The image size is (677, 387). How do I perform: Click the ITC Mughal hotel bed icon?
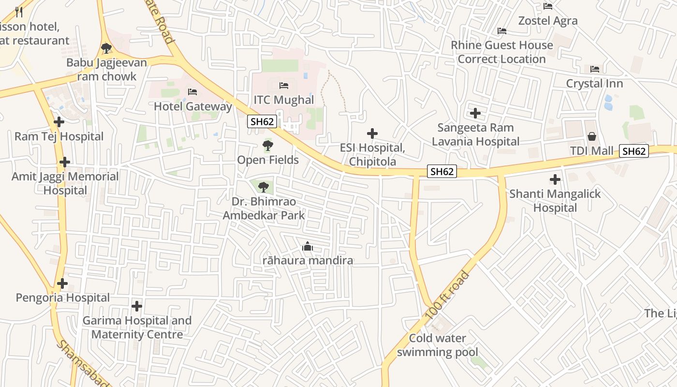point(284,86)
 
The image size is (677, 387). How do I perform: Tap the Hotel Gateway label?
point(193,106)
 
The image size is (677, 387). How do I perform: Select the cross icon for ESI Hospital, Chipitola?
point(372,134)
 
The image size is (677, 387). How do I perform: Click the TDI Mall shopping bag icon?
point(591,137)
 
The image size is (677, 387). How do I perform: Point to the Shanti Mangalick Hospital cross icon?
point(555,179)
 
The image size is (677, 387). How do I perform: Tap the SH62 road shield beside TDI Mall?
point(634,151)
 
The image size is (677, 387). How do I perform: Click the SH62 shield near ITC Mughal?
point(262,121)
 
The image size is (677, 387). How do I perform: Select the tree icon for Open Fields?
point(267,145)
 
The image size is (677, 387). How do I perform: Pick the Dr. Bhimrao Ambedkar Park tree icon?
point(263,187)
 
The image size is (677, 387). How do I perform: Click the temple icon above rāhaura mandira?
point(307,247)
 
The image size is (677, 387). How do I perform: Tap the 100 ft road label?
point(447,295)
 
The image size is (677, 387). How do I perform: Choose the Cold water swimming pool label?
point(438,345)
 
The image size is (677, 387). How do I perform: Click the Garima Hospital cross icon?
point(137,306)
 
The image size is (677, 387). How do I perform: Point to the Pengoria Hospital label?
point(63,298)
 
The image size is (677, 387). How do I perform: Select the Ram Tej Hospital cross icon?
point(59,122)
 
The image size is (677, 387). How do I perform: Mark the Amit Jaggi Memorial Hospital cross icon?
point(64,162)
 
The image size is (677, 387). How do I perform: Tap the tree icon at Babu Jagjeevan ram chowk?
point(106,48)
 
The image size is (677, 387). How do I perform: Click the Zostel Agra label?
point(548,21)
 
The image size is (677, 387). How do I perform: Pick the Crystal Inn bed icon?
point(595,69)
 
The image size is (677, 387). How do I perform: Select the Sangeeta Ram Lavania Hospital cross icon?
point(475,113)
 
